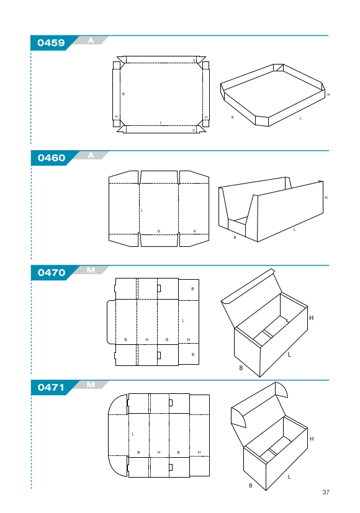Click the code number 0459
pos(51,43)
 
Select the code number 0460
pos(52,158)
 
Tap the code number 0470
pos(52,272)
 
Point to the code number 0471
pos(51,387)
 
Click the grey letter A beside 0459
pos(91,40)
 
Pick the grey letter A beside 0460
pos(91,156)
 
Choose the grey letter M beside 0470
pos(91,270)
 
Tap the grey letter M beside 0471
pos(91,385)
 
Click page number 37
pos(326,492)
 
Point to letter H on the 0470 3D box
pos(311,318)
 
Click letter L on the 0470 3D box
pos(289,354)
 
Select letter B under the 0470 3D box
pos(241,368)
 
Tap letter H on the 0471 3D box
pos(312,439)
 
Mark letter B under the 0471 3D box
pos(251,486)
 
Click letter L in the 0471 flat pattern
pos(133,434)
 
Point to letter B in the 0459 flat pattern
pos(124,94)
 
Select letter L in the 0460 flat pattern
pos(142,210)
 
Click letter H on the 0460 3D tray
pos(326,198)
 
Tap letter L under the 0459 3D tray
pos(300,118)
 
